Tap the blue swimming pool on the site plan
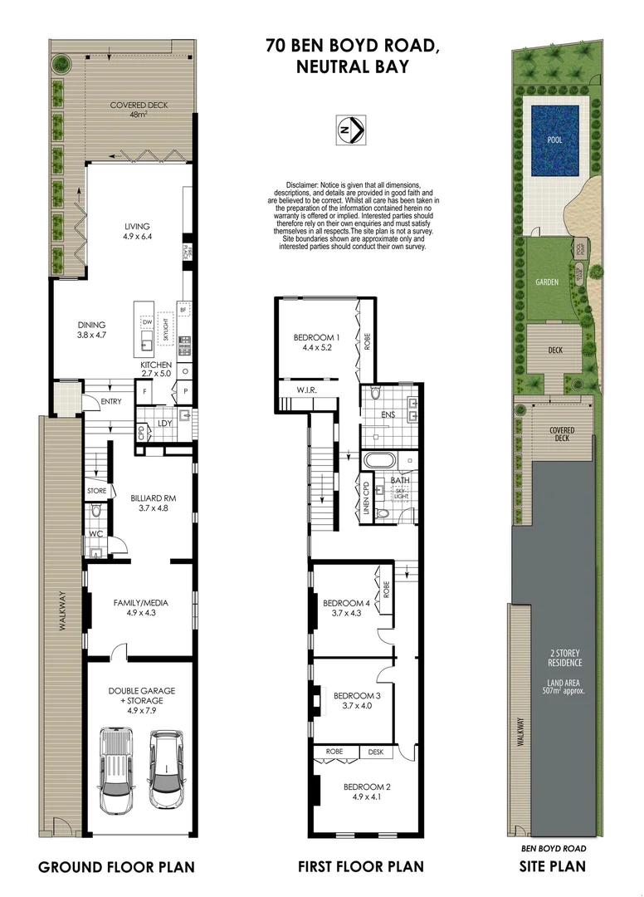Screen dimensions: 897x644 click(554, 139)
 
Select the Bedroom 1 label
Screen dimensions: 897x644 click(317, 337)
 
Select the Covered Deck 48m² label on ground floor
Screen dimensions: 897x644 click(139, 110)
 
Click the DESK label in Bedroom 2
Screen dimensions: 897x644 click(375, 752)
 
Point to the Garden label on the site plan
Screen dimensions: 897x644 click(546, 282)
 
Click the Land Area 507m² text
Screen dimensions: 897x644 click(563, 686)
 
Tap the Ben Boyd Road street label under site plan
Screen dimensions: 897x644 click(553, 849)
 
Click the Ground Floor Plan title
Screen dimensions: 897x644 click(116, 868)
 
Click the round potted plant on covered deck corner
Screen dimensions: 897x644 click(61, 64)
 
